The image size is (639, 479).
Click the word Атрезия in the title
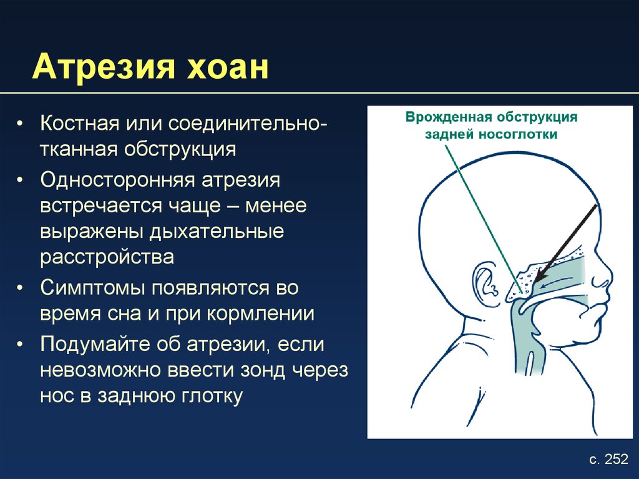tap(104, 66)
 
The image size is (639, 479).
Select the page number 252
tap(616, 459)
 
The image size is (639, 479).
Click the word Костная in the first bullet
tap(79, 123)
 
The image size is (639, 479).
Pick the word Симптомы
tap(93, 289)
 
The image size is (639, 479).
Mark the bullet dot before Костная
tap(20, 124)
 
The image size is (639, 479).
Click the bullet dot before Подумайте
tap(20, 345)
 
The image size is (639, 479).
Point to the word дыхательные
tap(216, 231)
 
